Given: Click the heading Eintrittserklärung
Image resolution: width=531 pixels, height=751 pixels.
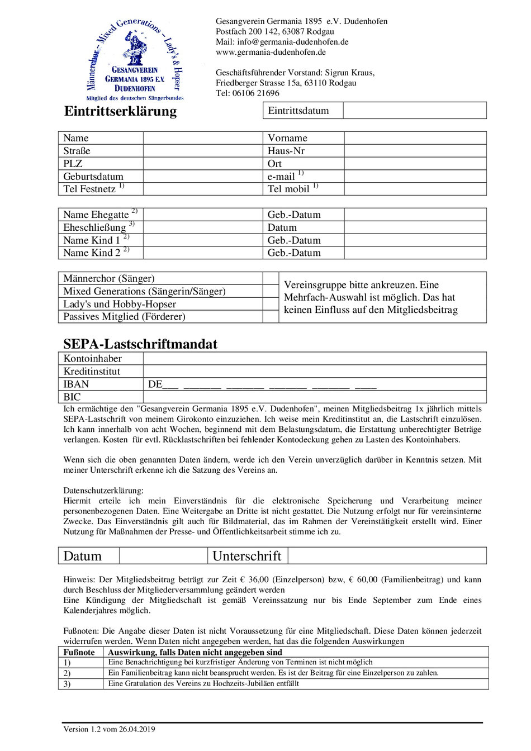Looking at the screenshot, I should [x=121, y=111].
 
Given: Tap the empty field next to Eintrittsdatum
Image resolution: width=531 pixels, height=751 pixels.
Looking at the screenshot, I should [x=414, y=111].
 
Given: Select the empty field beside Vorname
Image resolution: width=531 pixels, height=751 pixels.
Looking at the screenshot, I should [x=415, y=138].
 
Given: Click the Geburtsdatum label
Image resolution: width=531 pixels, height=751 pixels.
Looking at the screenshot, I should [x=93, y=177].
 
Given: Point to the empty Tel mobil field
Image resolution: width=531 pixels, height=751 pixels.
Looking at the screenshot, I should [x=415, y=189].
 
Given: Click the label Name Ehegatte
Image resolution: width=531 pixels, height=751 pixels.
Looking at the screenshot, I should [x=96, y=215].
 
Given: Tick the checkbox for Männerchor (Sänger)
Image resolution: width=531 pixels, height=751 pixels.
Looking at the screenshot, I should [x=271, y=278].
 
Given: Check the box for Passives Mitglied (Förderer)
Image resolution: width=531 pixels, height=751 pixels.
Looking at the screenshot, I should [x=271, y=317].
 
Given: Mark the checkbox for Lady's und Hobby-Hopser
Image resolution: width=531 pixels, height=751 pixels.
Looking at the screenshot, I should [x=271, y=304].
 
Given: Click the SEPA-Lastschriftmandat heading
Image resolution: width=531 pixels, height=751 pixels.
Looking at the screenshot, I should [x=140, y=344].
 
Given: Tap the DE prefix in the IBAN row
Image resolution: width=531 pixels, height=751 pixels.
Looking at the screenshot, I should [x=155, y=384].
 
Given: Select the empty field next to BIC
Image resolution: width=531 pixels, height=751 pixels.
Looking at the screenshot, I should [x=315, y=397].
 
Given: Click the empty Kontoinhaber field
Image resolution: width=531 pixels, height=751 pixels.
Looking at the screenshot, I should [x=315, y=359].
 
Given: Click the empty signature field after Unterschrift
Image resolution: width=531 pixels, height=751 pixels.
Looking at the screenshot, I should [x=387, y=556].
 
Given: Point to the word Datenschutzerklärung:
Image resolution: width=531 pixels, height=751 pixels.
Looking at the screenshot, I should [x=103, y=491].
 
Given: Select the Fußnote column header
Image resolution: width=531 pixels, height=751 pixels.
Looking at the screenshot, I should [x=79, y=652].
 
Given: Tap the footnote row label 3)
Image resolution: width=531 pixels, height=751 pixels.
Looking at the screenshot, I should [x=67, y=684].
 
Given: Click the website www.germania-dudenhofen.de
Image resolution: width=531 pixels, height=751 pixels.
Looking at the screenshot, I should [x=271, y=52].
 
